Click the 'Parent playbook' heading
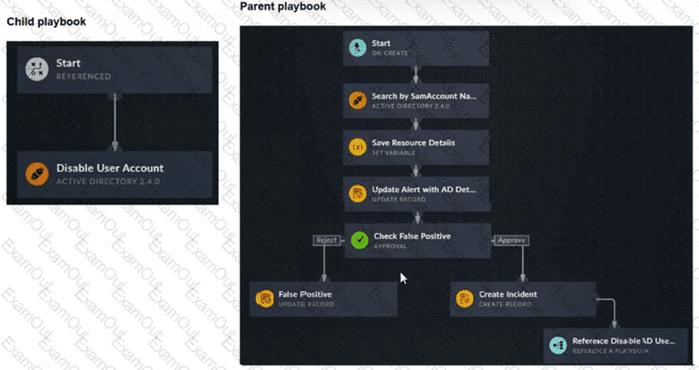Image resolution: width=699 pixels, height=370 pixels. click(x=283, y=7)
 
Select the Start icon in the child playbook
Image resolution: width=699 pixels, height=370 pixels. click(x=35, y=68)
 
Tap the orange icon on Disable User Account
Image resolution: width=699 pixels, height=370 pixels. click(x=35, y=173)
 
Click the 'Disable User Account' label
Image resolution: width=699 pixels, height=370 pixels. click(x=109, y=168)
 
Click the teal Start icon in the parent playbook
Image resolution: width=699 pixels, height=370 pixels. click(x=356, y=48)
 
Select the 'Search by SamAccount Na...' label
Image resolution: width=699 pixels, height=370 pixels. click(x=423, y=96)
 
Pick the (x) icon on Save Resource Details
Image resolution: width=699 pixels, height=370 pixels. click(x=356, y=147)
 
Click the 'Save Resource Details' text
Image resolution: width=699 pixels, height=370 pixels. click(x=413, y=143)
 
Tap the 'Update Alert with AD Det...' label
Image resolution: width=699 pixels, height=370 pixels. click(x=422, y=190)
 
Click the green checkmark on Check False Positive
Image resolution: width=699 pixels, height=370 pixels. click(x=359, y=240)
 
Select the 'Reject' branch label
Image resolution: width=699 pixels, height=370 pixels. click(x=325, y=240)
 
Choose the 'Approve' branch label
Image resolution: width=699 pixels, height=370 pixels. click(x=511, y=240)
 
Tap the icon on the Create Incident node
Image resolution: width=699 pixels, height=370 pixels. click(x=463, y=299)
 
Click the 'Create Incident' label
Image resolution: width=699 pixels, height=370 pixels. click(x=507, y=294)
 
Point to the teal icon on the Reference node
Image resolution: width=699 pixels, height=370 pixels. click(x=558, y=345)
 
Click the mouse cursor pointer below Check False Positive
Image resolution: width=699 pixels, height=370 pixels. click(x=402, y=277)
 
